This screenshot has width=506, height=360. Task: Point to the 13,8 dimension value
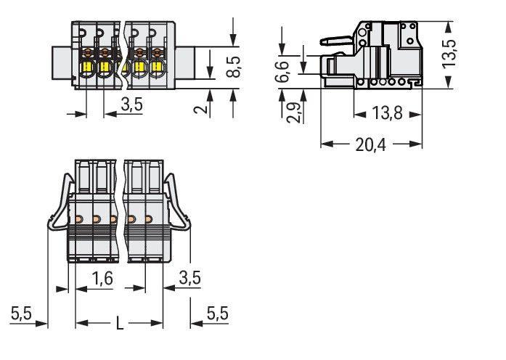(x=387, y=114)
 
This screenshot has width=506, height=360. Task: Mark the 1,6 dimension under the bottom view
(x=103, y=278)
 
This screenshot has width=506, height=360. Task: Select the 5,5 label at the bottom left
(x=22, y=314)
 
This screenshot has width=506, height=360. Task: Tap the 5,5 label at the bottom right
(x=218, y=314)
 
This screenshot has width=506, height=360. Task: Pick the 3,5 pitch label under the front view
(x=132, y=105)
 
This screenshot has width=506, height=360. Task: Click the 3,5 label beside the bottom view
(x=190, y=278)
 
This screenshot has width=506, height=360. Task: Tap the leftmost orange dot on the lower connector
(x=78, y=219)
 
